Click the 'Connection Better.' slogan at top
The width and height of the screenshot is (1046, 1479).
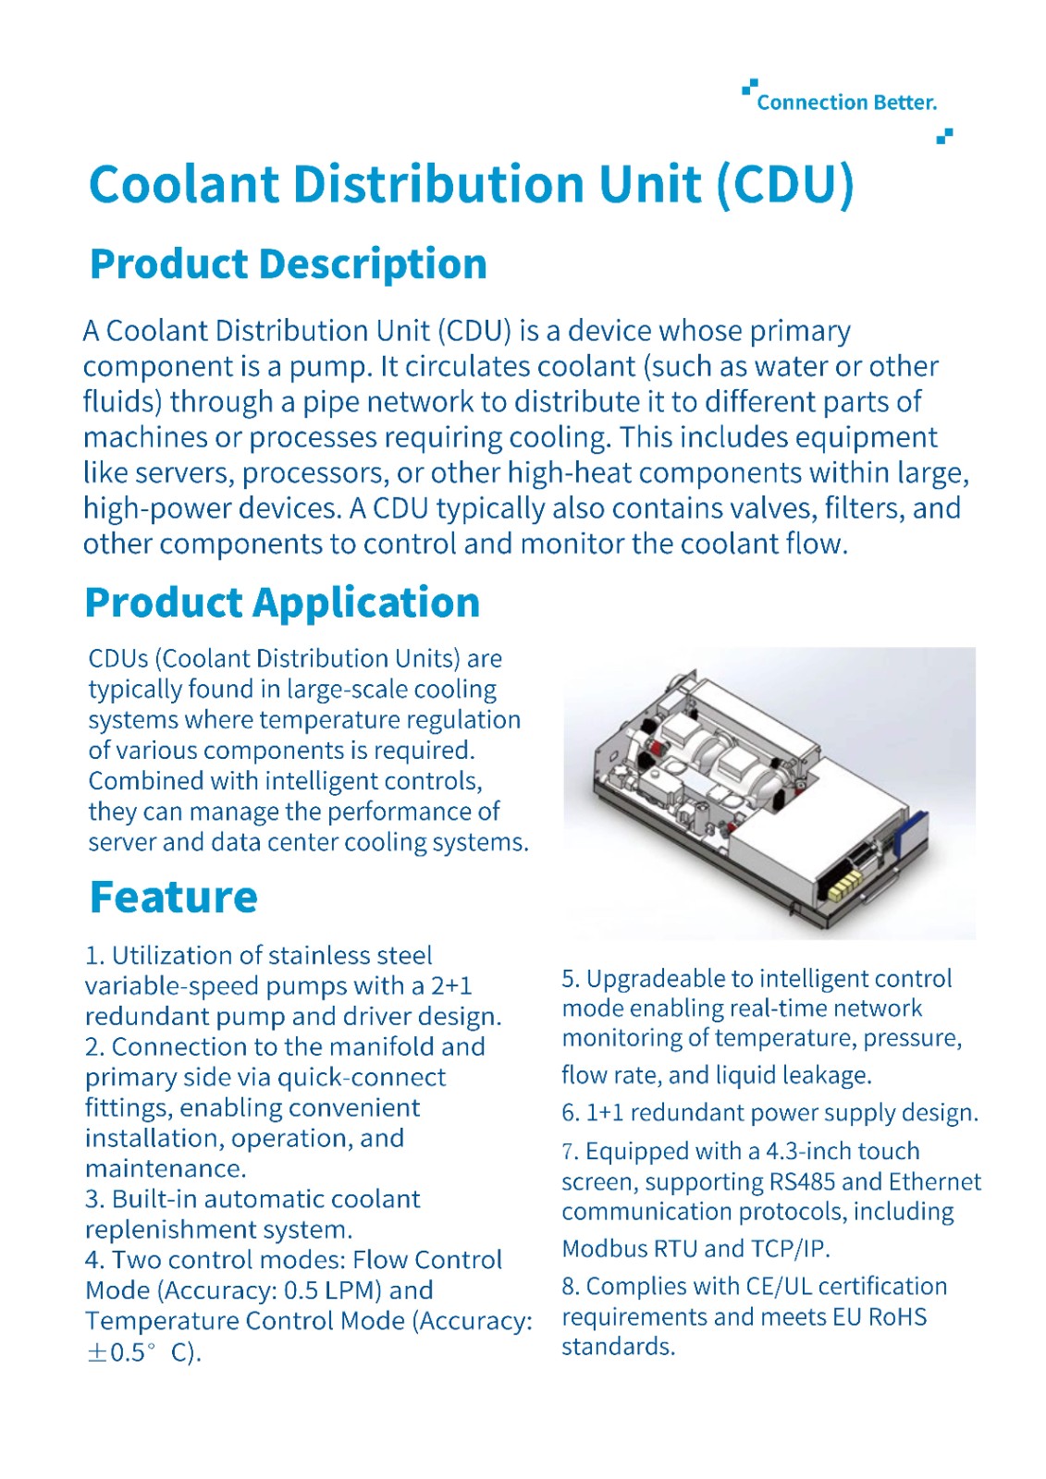click(x=846, y=103)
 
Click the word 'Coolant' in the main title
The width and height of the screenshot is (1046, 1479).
click(x=181, y=184)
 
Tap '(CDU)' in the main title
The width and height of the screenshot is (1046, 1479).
click(x=785, y=184)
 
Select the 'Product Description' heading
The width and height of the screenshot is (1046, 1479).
click(x=288, y=264)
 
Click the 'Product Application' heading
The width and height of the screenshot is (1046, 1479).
click(x=282, y=603)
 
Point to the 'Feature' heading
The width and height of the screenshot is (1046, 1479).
click(x=173, y=898)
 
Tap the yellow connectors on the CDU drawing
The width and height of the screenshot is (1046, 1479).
click(x=844, y=889)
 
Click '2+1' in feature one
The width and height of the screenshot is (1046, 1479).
click(x=450, y=986)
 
